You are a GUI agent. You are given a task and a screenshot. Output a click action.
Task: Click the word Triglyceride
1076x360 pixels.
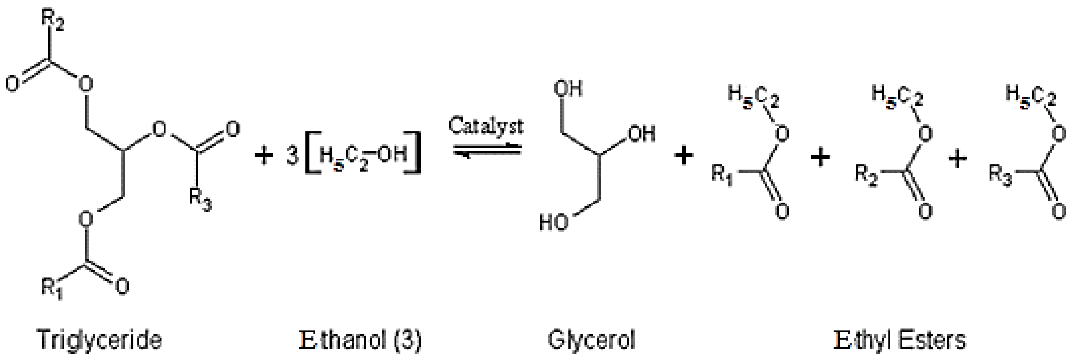tap(99, 340)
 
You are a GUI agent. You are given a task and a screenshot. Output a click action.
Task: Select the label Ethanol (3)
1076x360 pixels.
tap(360, 340)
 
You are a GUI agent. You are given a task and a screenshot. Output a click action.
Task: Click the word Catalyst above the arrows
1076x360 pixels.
tap(485, 125)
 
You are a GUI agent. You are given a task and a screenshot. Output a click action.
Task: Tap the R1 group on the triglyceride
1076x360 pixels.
tap(52, 288)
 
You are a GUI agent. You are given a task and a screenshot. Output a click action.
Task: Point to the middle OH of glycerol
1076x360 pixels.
tap(641, 133)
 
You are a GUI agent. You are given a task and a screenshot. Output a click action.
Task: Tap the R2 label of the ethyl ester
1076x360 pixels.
tap(866, 173)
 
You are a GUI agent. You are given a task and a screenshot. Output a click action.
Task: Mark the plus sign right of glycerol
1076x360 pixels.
tap(683, 157)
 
